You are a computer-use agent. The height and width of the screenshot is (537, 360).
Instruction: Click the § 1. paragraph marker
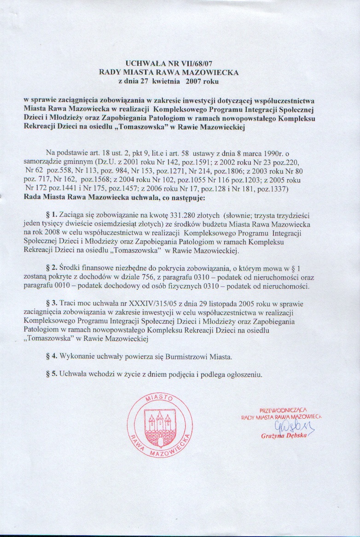[x=52, y=215]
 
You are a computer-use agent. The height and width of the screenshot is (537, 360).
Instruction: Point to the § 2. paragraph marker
[x=52, y=268]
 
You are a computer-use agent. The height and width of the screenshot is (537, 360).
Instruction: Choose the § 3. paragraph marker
[x=52, y=304]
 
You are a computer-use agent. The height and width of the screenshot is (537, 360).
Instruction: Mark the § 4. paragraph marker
[x=52, y=357]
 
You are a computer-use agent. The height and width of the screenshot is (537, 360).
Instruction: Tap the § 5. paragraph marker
[x=52, y=374]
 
